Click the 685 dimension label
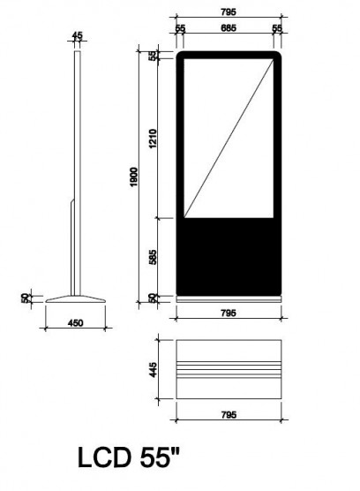coord(229,28)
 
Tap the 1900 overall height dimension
coord(133,177)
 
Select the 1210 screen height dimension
coord(153,139)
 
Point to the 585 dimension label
coord(153,257)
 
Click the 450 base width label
coord(75,322)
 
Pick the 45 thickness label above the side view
coord(78,35)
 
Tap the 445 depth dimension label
coord(153,369)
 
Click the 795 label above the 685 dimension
coord(229,11)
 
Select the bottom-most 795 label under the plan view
coord(229,414)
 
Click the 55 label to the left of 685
coord(180,28)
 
